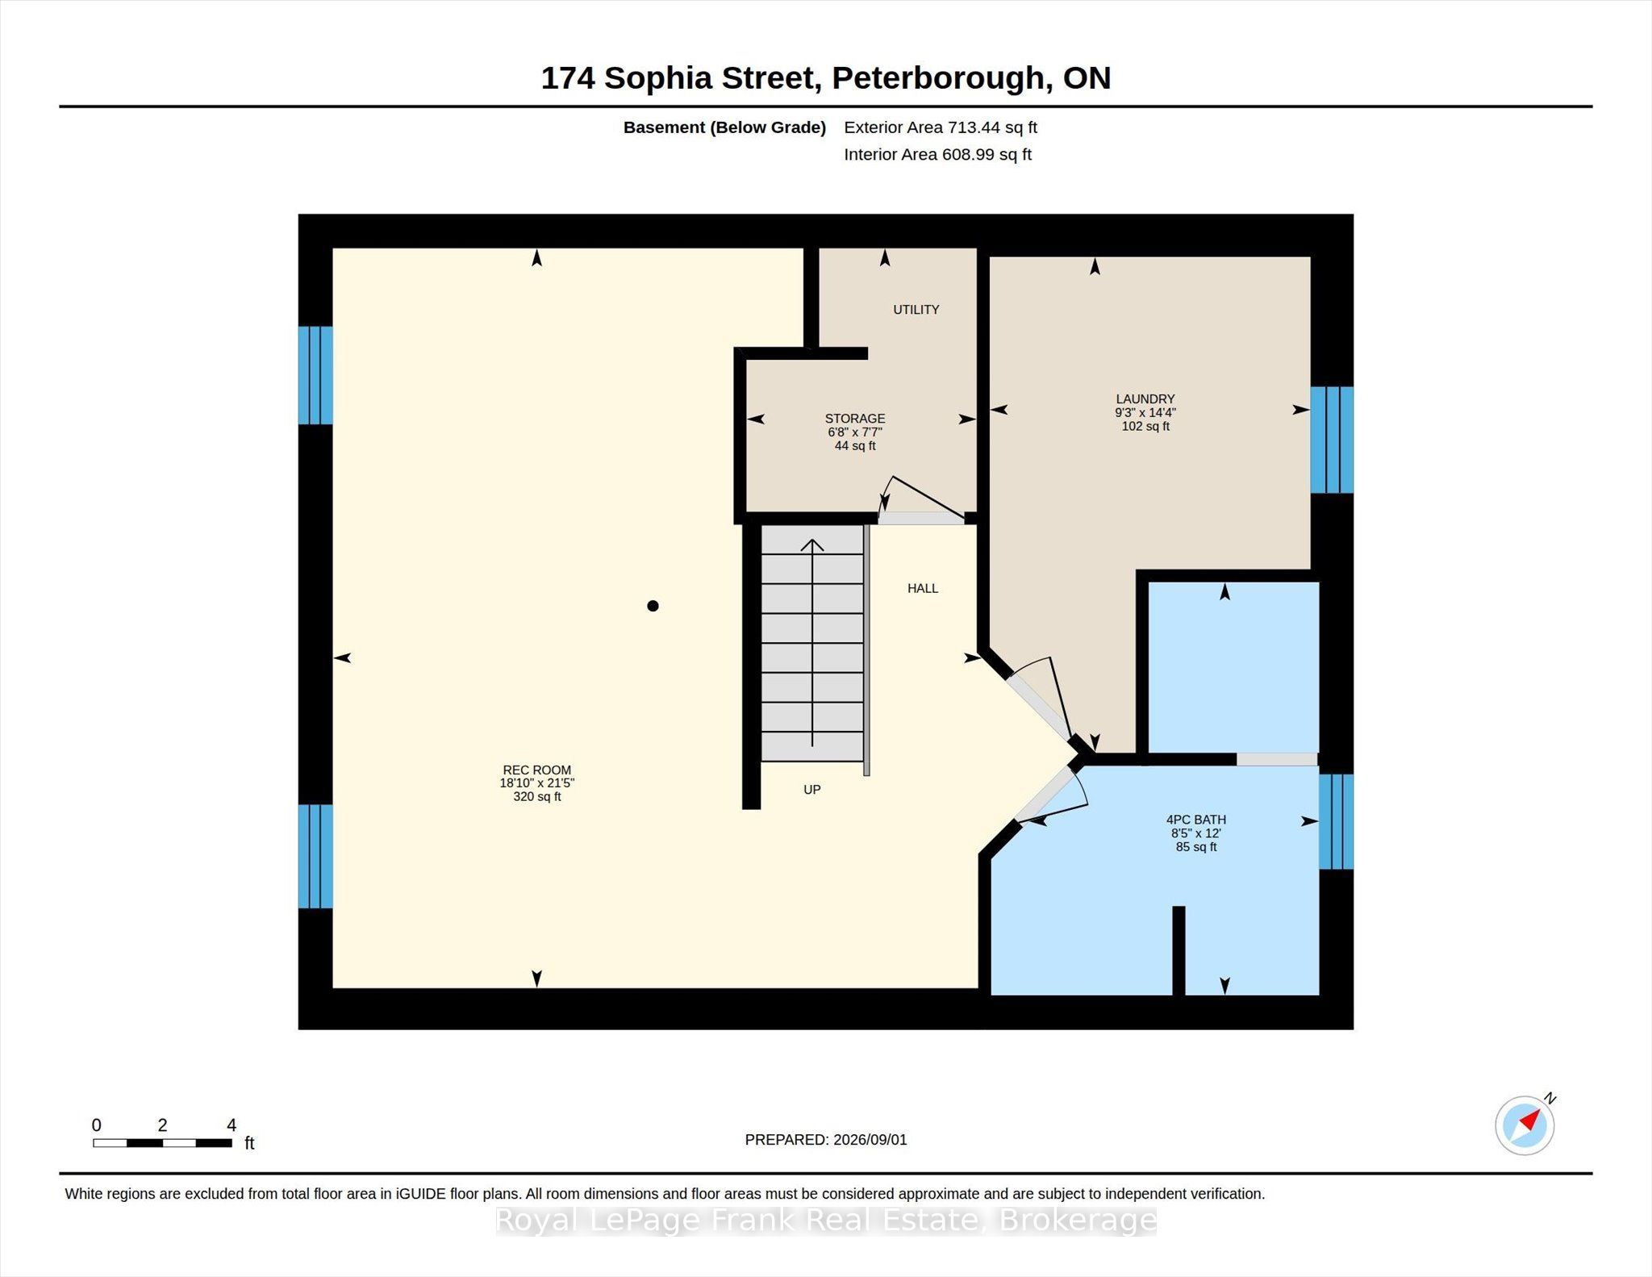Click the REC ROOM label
pyautogui.click(x=536, y=770)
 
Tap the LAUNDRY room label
pyautogui.click(x=1145, y=399)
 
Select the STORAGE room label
pyautogui.click(x=855, y=419)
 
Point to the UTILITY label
pyautogui.click(x=916, y=310)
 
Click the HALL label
pyautogui.click(x=923, y=589)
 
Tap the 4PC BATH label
pyautogui.click(x=1195, y=820)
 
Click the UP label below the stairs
pyautogui.click(x=812, y=790)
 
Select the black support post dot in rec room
pyautogui.click(x=653, y=606)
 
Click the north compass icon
pyautogui.click(x=1525, y=1125)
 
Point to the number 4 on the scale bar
pyautogui.click(x=232, y=1125)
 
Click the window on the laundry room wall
pyautogui.click(x=1332, y=440)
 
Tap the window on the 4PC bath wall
pyautogui.click(x=1337, y=821)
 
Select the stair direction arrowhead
pyautogui.click(x=812, y=545)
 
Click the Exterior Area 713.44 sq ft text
pyautogui.click(x=941, y=127)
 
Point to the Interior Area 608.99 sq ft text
pyautogui.click(x=938, y=155)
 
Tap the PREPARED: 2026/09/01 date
pyautogui.click(x=826, y=1140)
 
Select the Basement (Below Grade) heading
pyautogui.click(x=724, y=127)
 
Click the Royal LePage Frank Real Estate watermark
pyautogui.click(x=826, y=1220)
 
